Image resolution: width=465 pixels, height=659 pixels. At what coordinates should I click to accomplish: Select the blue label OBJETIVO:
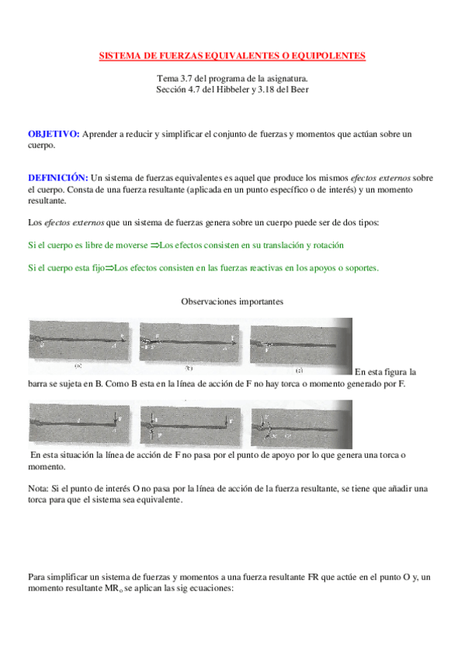point(54,134)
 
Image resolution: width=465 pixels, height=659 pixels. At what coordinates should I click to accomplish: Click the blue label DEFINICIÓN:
point(58,178)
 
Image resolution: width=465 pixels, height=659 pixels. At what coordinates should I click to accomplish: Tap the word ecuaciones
point(212,588)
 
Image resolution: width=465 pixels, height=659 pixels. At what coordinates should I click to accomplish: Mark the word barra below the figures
point(39,384)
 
